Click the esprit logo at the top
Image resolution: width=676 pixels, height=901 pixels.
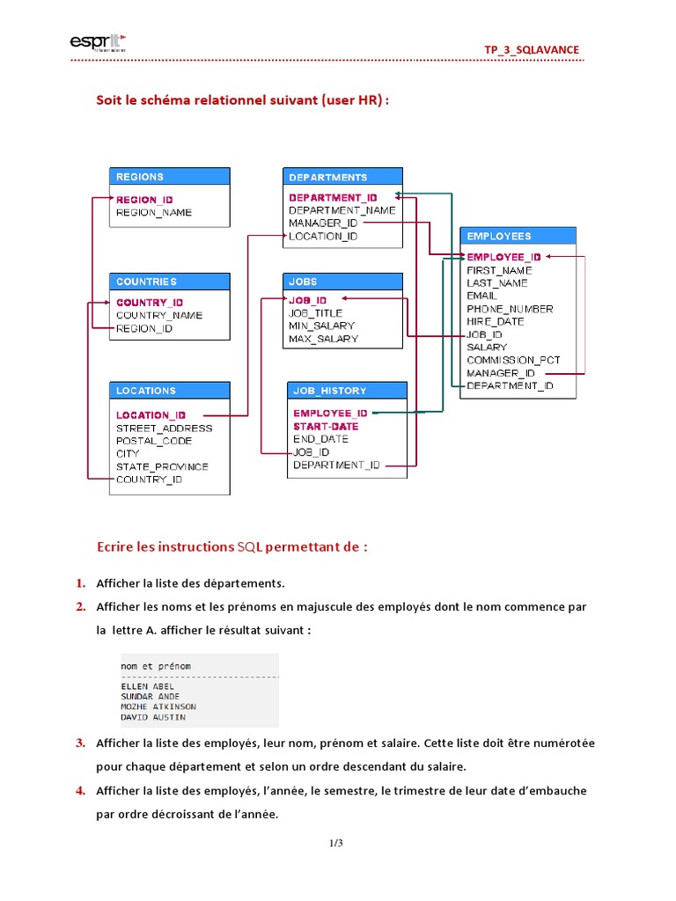(x=97, y=41)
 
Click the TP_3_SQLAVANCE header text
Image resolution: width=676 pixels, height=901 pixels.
(x=532, y=49)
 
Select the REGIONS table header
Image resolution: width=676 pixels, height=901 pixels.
(x=140, y=177)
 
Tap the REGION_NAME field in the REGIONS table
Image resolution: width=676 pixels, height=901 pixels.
(x=154, y=213)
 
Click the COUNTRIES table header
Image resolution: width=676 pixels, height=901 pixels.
(x=146, y=282)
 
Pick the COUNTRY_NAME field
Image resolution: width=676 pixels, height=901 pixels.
(x=159, y=315)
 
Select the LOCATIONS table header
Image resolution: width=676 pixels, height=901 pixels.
(x=146, y=391)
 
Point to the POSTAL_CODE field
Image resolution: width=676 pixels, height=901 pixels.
(x=154, y=441)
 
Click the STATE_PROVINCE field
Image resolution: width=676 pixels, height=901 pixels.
(x=162, y=466)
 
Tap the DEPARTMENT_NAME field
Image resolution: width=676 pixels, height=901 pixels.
(x=342, y=210)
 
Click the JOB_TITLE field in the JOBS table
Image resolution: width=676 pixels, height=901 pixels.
(x=316, y=313)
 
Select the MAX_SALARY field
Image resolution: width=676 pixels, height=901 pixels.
(x=323, y=339)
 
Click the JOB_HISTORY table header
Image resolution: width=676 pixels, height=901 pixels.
(x=330, y=391)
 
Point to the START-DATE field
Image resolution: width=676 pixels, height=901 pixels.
(x=326, y=426)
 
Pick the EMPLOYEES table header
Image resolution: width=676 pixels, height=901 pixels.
(x=499, y=236)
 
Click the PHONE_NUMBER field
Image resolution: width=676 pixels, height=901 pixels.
(x=510, y=309)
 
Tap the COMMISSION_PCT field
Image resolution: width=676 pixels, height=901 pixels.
(x=513, y=360)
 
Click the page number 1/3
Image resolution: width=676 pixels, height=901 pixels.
(x=337, y=844)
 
